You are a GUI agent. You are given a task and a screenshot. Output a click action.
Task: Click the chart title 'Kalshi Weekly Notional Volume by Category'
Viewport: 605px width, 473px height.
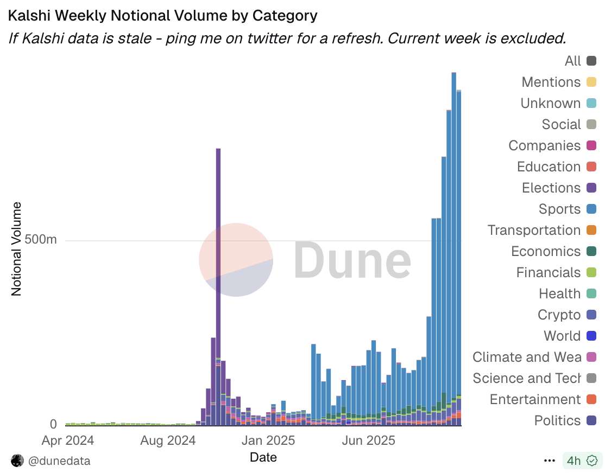coord(162,16)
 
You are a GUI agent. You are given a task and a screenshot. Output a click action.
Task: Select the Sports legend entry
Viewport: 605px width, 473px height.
coord(559,209)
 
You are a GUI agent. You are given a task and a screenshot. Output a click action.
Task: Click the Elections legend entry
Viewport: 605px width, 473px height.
coord(551,188)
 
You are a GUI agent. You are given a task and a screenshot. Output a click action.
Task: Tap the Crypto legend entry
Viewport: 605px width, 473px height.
coord(559,315)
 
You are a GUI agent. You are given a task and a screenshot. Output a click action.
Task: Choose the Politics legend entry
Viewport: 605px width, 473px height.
coord(557,420)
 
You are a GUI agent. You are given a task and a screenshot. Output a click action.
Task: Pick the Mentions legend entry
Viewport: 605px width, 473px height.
coord(551,82)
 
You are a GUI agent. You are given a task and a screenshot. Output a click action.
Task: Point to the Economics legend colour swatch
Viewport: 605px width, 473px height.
coord(591,251)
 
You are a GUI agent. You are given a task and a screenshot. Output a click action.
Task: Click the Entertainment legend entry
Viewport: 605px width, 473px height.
coord(535,399)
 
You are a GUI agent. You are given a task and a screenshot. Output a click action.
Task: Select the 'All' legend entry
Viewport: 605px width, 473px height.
coord(572,61)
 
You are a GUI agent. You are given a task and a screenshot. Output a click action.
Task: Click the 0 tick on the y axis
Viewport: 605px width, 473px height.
coord(53,424)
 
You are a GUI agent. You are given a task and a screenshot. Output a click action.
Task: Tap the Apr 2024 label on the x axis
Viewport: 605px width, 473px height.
coord(67,440)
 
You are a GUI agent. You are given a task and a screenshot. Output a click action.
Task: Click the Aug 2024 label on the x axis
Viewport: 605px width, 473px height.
coord(167,440)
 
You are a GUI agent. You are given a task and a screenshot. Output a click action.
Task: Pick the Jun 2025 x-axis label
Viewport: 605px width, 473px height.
coord(367,440)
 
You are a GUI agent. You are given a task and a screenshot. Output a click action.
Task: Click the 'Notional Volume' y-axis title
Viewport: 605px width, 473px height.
coord(16,249)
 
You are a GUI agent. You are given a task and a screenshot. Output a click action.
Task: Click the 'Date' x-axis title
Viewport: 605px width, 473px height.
coord(263,457)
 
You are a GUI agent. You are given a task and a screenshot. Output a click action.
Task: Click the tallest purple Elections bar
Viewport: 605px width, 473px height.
coord(218,244)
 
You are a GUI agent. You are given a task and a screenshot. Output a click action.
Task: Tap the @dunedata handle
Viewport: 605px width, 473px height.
coord(59,461)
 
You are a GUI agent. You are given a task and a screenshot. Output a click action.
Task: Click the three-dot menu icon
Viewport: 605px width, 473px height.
coord(550,461)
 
